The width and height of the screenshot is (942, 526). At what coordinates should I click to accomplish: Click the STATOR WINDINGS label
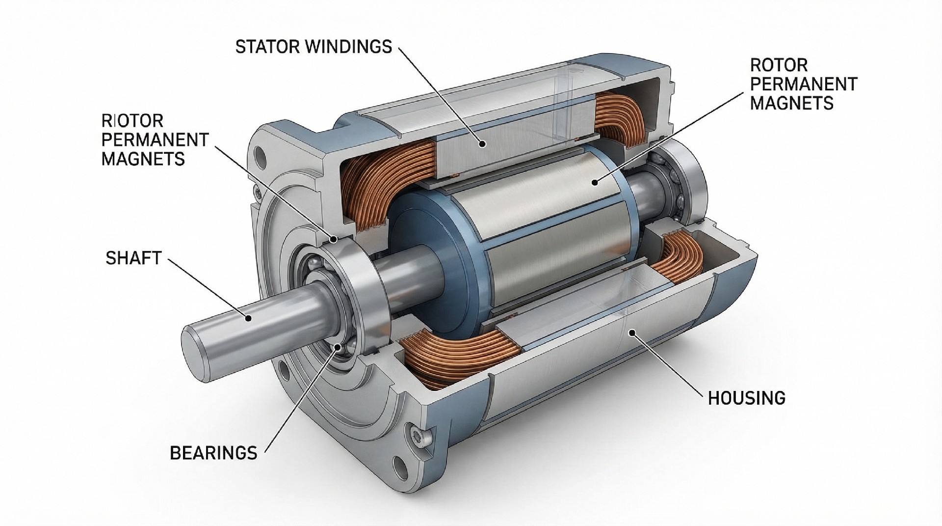pos(314,47)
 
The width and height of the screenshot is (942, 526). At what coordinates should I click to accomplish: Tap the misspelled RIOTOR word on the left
pos(132,121)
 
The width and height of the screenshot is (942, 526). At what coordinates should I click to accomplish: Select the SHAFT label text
pos(133,258)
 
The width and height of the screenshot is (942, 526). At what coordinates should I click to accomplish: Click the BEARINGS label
pos(213,452)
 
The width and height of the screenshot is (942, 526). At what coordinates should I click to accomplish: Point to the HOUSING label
pos(746,398)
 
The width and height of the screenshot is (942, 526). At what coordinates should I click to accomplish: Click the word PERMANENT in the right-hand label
pos(803,84)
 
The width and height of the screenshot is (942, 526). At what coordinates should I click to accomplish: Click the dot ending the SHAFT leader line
pos(249,319)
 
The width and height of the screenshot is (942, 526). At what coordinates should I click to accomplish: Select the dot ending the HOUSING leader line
pos(633,333)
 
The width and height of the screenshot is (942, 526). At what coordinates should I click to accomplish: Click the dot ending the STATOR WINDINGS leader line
pos(483,144)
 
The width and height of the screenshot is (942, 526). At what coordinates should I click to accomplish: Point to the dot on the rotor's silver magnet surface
pos(595,183)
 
